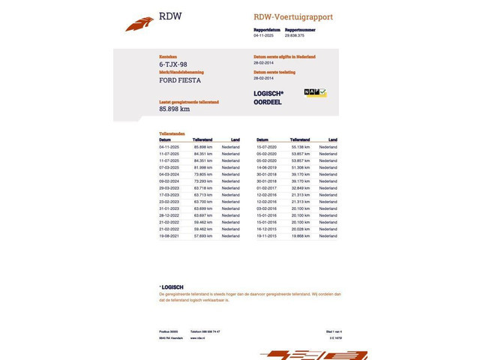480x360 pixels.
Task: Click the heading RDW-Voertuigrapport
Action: [293, 17]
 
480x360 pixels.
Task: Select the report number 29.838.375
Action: [294, 35]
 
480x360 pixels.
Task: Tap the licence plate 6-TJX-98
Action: [174, 65]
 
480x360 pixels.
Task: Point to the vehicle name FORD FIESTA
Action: [180, 80]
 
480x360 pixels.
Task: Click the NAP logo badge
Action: [314, 92]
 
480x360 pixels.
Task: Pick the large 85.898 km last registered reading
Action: [174, 109]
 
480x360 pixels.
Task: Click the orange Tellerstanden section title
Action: [172, 133]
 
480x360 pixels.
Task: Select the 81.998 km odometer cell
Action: [202, 167]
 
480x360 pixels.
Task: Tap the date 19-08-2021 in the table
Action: [169, 235]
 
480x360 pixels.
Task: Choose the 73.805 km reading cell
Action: [202, 174]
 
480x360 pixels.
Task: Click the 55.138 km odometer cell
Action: [300, 147]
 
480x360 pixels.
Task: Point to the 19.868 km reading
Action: [300, 235]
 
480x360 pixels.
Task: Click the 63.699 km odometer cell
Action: [202, 208]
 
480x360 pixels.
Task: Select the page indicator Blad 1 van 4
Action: [333, 331]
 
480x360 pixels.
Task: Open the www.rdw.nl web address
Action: [198, 338]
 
